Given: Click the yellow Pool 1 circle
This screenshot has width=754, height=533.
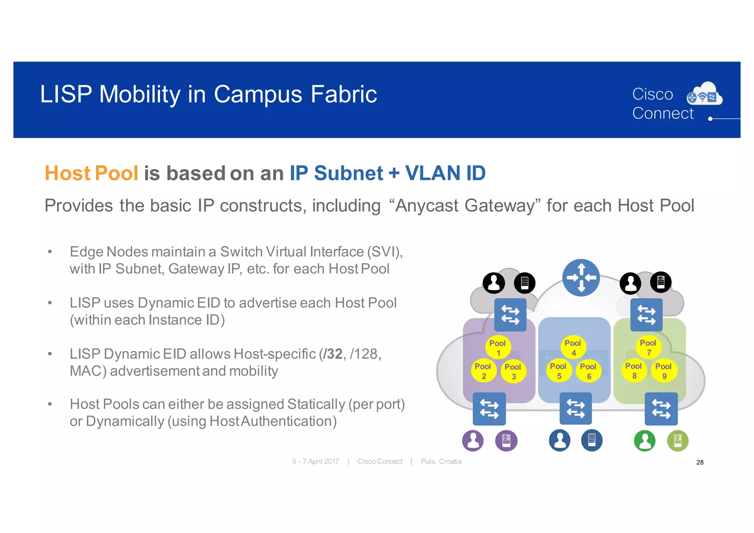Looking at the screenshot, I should coord(498,347).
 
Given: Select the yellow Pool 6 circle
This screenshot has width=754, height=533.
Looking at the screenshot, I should coord(588,371).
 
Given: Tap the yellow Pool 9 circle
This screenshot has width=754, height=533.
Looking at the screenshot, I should coord(664,371).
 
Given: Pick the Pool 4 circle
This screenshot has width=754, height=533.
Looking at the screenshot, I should coord(573,347).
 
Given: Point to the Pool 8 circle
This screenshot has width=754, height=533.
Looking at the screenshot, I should coord(634,371).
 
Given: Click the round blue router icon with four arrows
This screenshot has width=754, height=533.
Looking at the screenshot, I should coord(581,278).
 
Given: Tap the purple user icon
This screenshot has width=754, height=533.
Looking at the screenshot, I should coord(473,441).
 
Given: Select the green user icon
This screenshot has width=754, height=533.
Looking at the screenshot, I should coord(645,441).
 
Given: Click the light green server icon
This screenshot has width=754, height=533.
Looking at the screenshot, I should coord(677,441).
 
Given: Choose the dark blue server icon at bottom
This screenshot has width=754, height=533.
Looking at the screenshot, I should coord(592,441).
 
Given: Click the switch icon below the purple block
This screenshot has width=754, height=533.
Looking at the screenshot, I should coord(489,409).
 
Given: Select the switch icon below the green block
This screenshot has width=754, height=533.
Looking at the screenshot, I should coord(661,409).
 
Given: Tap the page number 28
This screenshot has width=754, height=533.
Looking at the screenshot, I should coord(700,462).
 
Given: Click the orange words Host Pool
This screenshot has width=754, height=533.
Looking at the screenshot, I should coord(91,173).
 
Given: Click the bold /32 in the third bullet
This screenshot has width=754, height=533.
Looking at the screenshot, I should coord(332,354).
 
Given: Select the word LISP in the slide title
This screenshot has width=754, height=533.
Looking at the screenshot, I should coord(66,94).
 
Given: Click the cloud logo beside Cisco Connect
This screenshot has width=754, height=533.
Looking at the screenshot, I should coord(705,95).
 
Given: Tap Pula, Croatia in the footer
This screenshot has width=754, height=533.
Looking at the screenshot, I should coord(441,462).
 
